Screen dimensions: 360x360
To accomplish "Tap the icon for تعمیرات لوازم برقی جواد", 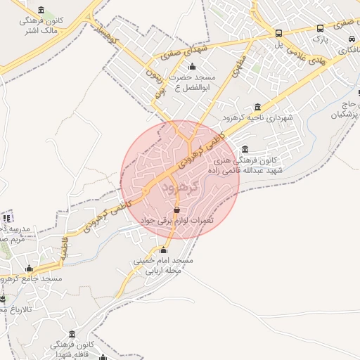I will tap(176, 210).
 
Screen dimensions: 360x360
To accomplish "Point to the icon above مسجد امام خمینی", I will tap(164, 250).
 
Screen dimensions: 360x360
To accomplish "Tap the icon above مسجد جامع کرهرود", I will tap(29, 268).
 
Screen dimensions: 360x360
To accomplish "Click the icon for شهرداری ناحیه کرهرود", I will tap(258, 107).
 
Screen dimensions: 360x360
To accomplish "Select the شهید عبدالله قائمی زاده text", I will tap(245, 170).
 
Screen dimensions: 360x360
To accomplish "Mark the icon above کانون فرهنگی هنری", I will tap(245, 149).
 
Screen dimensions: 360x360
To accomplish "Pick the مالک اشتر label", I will tap(41, 31).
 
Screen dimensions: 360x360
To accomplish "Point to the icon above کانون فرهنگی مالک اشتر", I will tap(41, 10).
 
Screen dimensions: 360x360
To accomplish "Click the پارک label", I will tap(320, 41).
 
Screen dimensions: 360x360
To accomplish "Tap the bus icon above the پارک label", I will tap(321, 29).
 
